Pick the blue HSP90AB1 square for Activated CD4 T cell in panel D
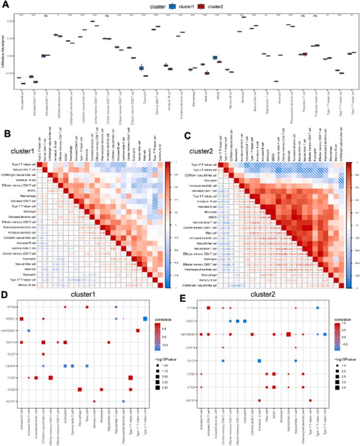(x=28, y=330)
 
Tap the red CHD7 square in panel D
(x=43, y=354)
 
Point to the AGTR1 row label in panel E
(x=191, y=400)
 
